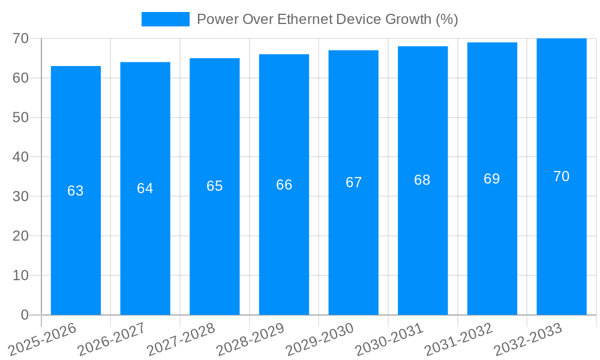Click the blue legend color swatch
coord(165,19)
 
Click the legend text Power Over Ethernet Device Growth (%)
coord(327,19)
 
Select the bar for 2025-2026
coord(76,252)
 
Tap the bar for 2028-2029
coord(284,252)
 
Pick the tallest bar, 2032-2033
coord(562,252)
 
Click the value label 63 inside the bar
coord(76,191)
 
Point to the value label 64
coord(145,188)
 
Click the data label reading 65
coord(215,186)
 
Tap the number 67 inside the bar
coord(354,182)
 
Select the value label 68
coord(422,180)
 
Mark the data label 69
coord(492,179)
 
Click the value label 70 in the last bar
coord(562,176)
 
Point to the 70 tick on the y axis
coord(20,38)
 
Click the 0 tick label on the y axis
coord(25,315)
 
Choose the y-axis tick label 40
coord(20,157)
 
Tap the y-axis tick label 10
coord(20,275)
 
